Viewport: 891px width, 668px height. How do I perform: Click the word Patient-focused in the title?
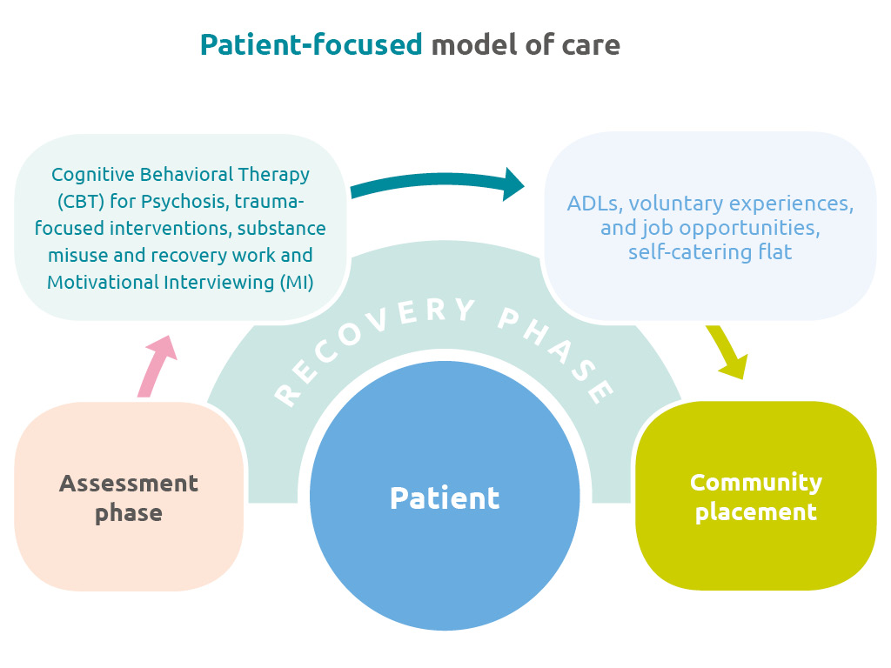[x=311, y=44]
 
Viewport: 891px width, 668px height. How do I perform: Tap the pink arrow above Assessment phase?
[x=157, y=365]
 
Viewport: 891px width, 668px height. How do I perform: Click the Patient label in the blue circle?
[x=445, y=498]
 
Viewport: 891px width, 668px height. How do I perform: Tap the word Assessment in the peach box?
[x=129, y=484]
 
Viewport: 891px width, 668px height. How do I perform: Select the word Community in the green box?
[x=755, y=482]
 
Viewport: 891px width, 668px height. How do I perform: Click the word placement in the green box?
[x=755, y=511]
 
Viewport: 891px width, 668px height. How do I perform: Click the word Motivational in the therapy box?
[x=99, y=283]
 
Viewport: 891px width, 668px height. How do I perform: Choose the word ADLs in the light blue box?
[x=593, y=204]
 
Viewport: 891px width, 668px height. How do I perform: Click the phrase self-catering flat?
[x=710, y=253]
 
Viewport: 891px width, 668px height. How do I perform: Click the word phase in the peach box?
[x=129, y=513]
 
